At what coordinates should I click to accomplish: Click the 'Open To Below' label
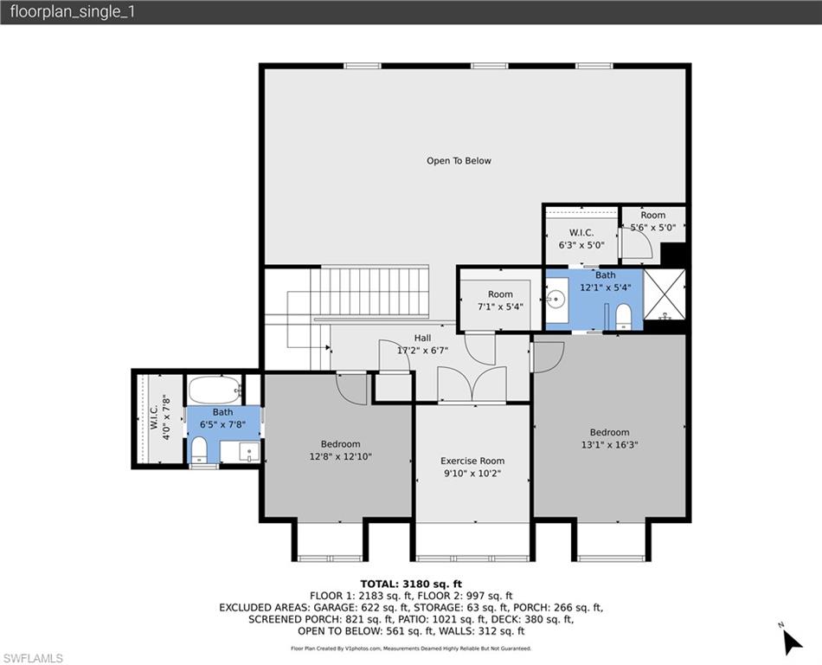(459, 161)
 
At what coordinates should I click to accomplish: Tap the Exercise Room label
(472, 461)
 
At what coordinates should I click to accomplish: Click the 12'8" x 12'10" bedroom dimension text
(340, 456)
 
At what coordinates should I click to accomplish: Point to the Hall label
(422, 338)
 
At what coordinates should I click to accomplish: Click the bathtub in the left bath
(215, 389)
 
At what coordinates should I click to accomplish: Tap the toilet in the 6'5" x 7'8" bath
(199, 449)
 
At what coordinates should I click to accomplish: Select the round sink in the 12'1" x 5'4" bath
(555, 300)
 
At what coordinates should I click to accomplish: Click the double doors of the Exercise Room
(472, 385)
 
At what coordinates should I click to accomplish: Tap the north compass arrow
(791, 641)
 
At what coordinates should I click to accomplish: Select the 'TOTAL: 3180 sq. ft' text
(411, 584)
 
